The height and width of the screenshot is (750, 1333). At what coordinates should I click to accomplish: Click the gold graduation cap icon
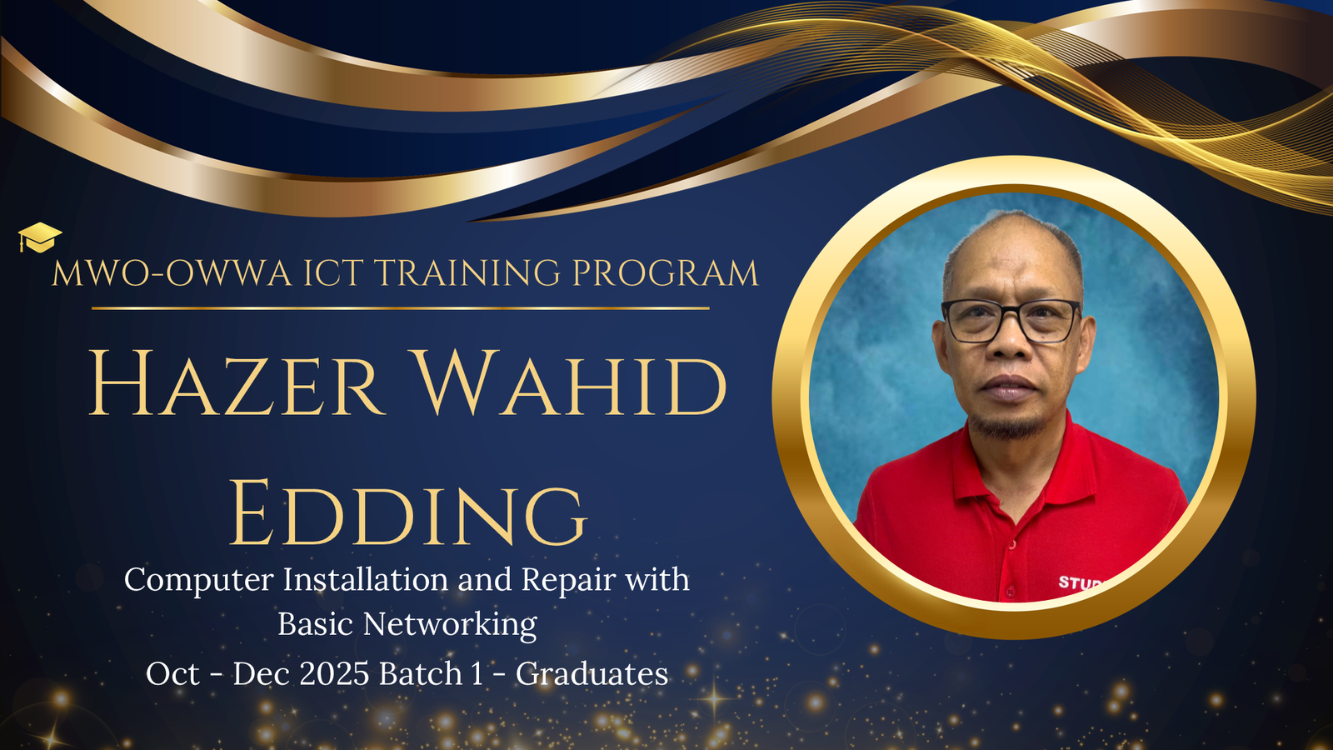[x=39, y=237]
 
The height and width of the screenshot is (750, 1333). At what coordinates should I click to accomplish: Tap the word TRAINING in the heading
[x=467, y=273]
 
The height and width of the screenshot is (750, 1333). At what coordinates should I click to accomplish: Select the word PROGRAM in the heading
[x=666, y=273]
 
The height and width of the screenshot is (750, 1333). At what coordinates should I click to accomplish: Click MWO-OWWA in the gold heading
[x=172, y=273]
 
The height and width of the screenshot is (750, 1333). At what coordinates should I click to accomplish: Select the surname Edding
[x=408, y=512]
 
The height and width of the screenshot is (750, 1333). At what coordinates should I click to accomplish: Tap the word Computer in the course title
[x=199, y=580]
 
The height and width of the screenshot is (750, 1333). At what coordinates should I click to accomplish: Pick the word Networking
[x=450, y=625]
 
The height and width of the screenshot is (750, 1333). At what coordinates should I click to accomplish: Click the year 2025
[x=334, y=674]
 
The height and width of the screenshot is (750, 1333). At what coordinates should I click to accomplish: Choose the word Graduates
[x=592, y=674]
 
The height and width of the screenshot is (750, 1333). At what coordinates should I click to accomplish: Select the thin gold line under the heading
[x=401, y=308]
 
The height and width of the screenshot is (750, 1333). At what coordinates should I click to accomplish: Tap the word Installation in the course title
[x=366, y=579]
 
